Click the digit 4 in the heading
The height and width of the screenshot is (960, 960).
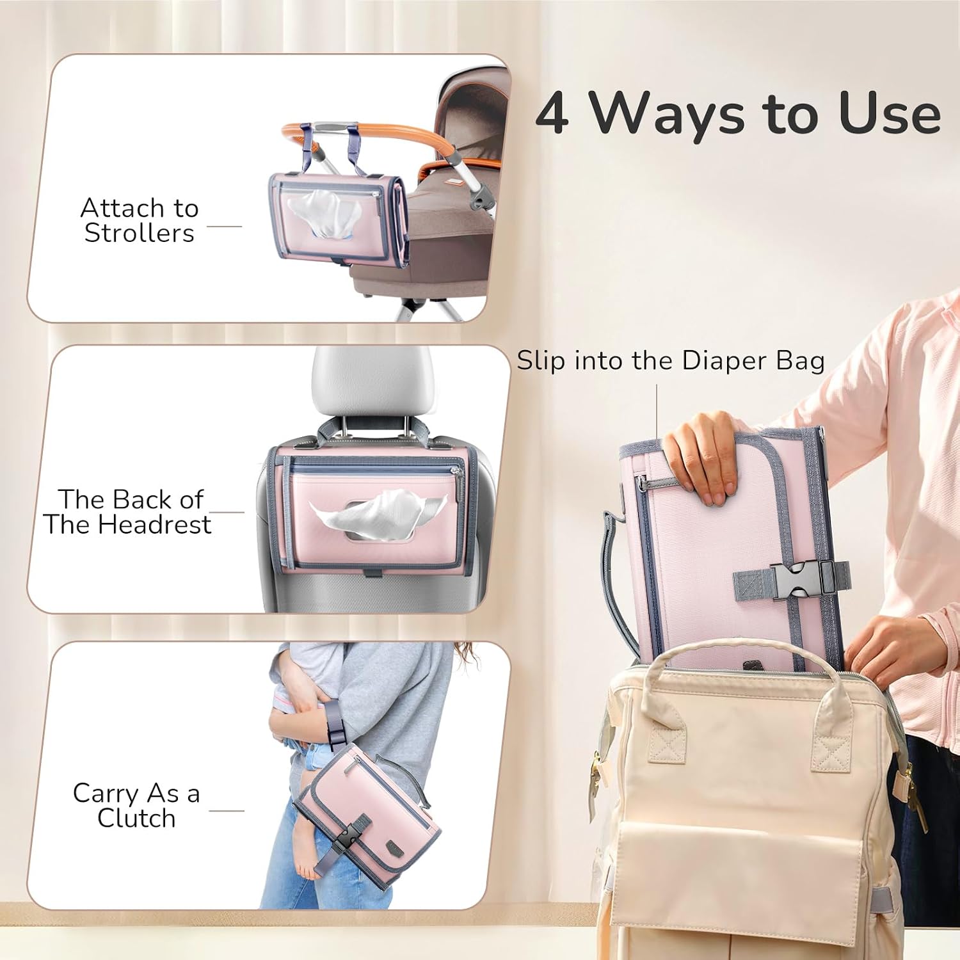click(x=552, y=113)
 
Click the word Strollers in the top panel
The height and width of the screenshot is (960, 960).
click(x=139, y=233)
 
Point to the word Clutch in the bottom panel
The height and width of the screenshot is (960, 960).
click(x=136, y=817)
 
